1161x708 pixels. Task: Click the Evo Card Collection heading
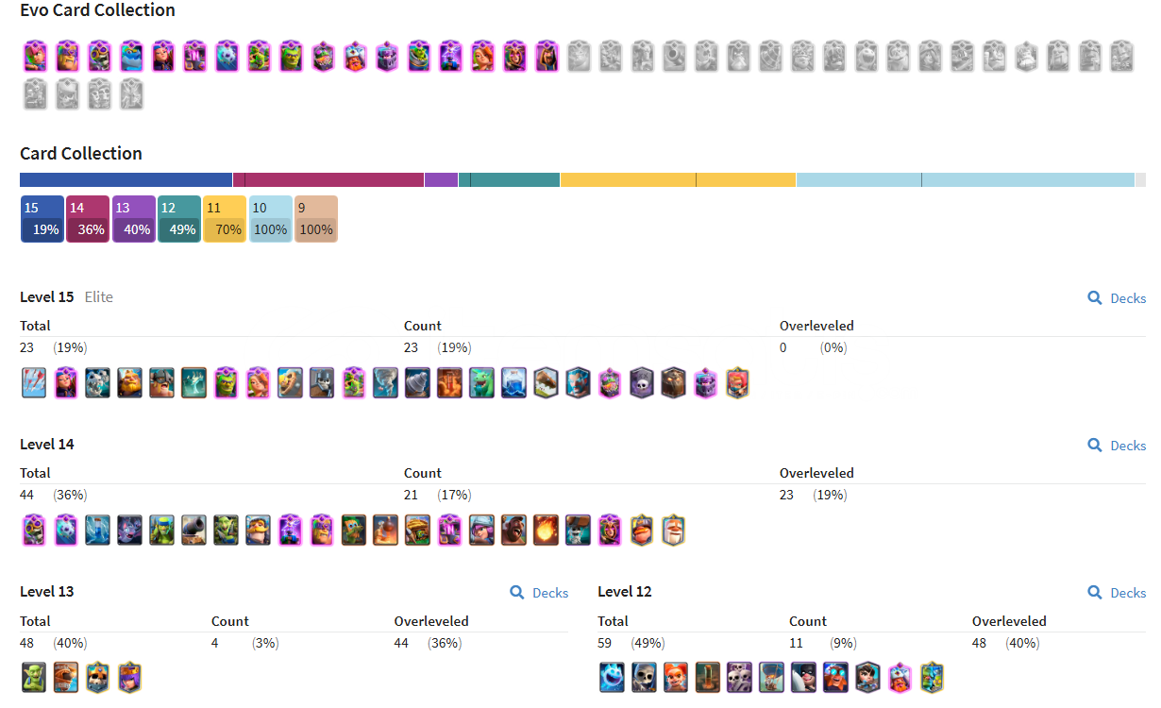pos(97,10)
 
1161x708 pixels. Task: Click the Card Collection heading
pos(81,154)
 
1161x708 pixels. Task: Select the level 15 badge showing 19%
pos(42,219)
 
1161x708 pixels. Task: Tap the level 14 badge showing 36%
pos(88,219)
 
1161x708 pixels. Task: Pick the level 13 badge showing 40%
pos(133,219)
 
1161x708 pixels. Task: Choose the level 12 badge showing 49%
pos(178,219)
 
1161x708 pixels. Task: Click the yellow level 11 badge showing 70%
pos(225,219)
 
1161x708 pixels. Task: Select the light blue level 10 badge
pos(270,219)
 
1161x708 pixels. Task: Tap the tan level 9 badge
pos(315,219)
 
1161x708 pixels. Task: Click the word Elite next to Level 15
pos(98,297)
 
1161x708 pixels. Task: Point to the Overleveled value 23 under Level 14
pos(786,495)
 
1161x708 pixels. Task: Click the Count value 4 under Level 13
pos(215,643)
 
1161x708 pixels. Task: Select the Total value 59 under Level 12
pos(605,643)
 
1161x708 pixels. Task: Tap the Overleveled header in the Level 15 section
pos(816,326)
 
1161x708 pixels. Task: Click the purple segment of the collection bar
pos(441,179)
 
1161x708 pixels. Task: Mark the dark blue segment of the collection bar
pos(126,179)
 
